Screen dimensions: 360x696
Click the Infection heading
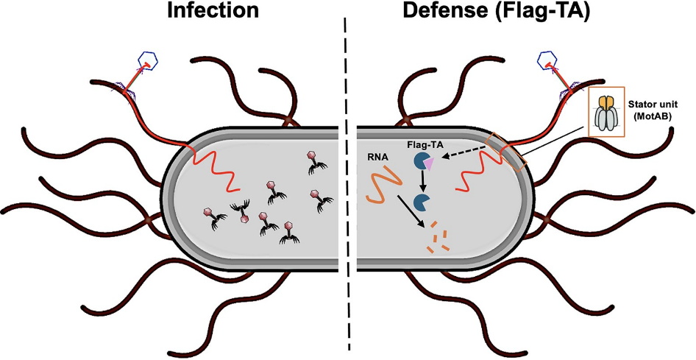click(x=213, y=11)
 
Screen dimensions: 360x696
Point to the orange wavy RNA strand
click(x=382, y=185)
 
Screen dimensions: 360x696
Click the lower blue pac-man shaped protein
click(x=422, y=202)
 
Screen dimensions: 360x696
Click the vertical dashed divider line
click(x=347, y=184)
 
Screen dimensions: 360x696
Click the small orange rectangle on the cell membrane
click(x=507, y=151)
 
